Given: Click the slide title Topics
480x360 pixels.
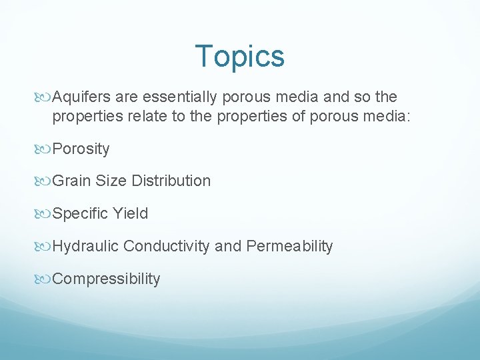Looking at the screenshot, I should pyautogui.click(x=240, y=56).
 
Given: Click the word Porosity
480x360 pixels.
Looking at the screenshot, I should pyautogui.click(x=81, y=149).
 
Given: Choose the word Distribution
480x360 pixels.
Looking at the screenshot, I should pyautogui.click(x=171, y=181).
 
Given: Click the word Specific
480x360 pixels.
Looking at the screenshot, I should pyautogui.click(x=80, y=213).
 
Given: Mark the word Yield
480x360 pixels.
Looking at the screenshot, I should pyautogui.click(x=131, y=213).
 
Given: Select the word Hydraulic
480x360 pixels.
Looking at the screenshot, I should pyautogui.click(x=85, y=246).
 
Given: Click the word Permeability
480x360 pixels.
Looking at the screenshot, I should pyautogui.click(x=289, y=246).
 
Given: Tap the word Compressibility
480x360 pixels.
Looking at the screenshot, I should pyautogui.click(x=106, y=279).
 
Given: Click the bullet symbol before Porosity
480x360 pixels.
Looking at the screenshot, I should pyautogui.click(x=44, y=149).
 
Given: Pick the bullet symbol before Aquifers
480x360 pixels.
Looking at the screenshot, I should pyautogui.click(x=44, y=97).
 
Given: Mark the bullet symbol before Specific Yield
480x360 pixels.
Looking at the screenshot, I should pyautogui.click(x=44, y=213).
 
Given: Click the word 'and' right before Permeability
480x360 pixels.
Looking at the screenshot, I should pyautogui.click(x=228, y=246).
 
